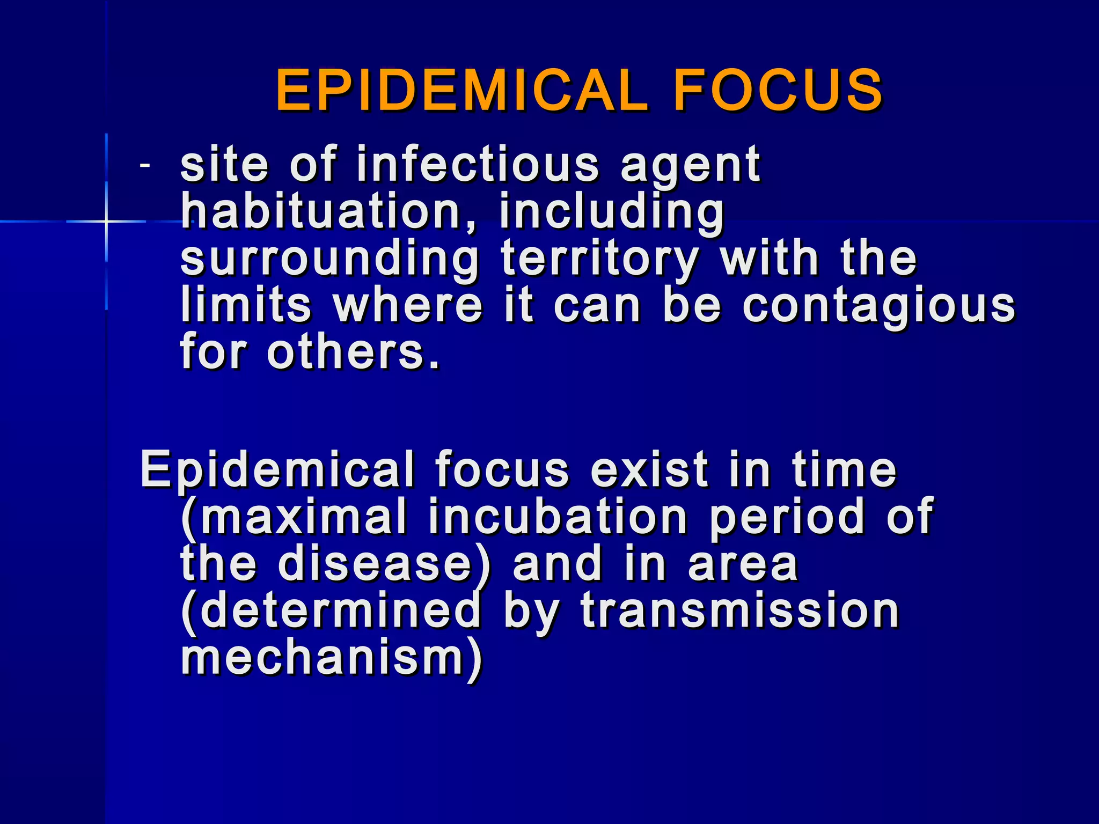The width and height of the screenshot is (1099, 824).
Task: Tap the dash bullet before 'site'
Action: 144,165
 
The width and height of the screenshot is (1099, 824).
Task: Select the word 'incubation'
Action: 558,517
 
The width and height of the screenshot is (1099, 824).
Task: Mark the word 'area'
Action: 743,564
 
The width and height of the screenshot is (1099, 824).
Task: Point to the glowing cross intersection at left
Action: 106,221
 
